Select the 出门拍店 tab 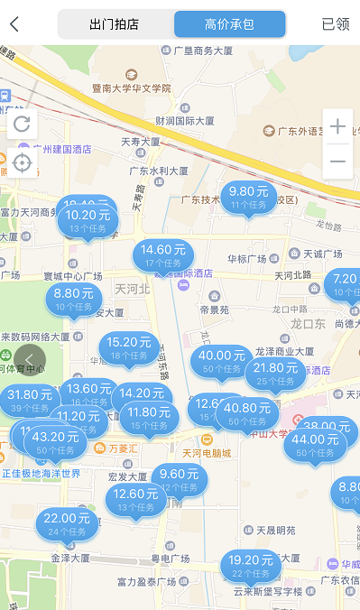[x=115, y=24]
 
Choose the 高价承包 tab [x=230, y=24]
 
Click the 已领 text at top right [x=335, y=24]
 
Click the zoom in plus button [x=337, y=126]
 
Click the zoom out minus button [x=337, y=161]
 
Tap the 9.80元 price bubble [x=249, y=197]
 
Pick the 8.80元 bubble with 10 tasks [x=74, y=299]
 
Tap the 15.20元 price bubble [x=129, y=347]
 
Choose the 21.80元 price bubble [x=276, y=374]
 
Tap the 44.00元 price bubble [x=316, y=445]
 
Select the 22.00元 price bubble [x=66, y=523]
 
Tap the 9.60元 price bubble [x=179, y=479]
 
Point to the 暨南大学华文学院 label [x=132, y=88]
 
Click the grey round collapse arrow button [x=29, y=360]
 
